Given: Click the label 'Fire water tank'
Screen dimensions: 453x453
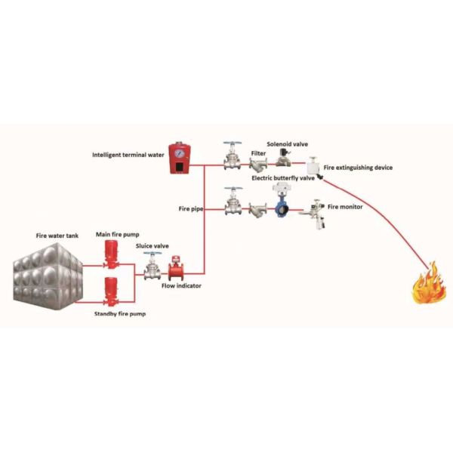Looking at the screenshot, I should click(x=56, y=236).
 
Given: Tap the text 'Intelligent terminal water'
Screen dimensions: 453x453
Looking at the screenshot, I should click(x=128, y=156).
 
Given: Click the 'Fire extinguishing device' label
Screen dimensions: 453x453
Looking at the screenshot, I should click(x=358, y=167).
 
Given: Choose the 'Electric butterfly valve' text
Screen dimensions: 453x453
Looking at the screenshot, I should click(x=282, y=178).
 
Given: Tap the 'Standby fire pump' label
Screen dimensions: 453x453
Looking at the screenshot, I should click(x=119, y=312).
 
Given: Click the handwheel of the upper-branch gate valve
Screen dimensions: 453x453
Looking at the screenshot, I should click(x=233, y=144).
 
